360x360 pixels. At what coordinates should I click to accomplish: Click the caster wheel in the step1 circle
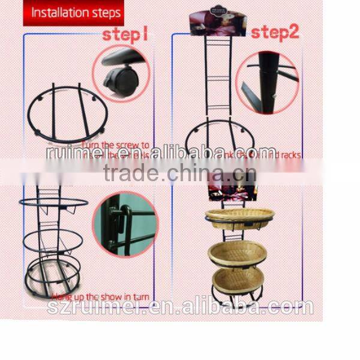[120, 79]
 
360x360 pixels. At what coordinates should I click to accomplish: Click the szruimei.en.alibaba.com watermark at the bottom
[180, 308]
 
